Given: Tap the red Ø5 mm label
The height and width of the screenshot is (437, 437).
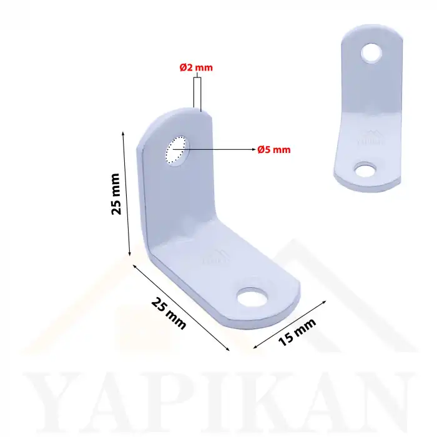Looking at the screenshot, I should (x=274, y=149).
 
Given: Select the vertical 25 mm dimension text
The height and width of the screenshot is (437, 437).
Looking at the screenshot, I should (x=115, y=194).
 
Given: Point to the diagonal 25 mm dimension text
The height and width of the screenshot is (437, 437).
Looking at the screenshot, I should (x=169, y=312).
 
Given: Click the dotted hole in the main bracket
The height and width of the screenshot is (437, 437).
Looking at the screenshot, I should (x=175, y=150).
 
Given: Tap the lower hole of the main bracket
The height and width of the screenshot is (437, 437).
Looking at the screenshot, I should (x=254, y=295).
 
